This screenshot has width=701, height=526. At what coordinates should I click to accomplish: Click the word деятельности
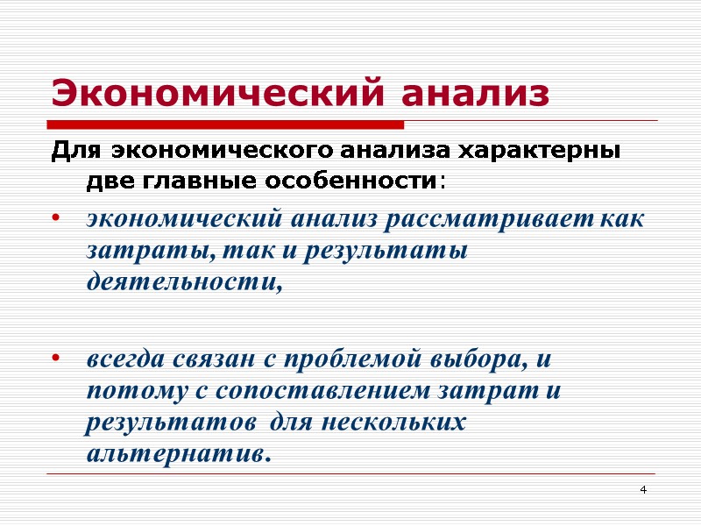[185, 282]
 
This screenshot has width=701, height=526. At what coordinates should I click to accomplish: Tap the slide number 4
[643, 488]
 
